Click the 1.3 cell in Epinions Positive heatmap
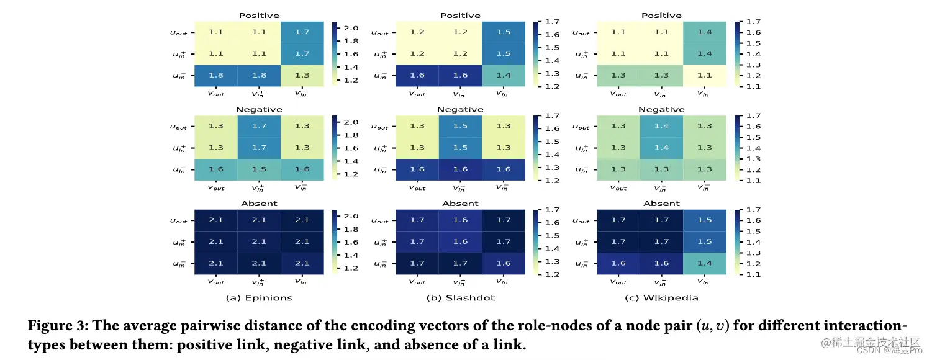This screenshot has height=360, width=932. pos(302,76)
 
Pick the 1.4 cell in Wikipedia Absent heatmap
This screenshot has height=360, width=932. pos(704,264)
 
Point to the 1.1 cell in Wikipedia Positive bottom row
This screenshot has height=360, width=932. pos(704,76)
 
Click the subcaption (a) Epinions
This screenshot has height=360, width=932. pos(259,298)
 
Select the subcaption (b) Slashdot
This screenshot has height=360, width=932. pos(460,298)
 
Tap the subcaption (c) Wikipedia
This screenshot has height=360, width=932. pos(661,298)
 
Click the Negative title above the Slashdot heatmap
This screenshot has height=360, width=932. pos(460,110)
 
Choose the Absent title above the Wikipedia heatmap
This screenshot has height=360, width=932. pos(661,204)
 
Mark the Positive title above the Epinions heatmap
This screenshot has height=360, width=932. pos(259,16)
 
